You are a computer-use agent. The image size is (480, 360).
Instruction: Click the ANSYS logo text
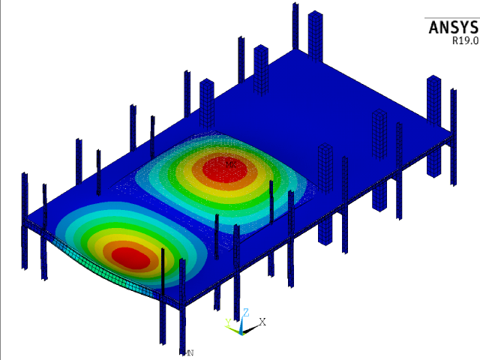[452, 28]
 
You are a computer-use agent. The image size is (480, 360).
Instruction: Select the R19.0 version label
[464, 42]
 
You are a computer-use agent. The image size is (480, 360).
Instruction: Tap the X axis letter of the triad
[262, 321]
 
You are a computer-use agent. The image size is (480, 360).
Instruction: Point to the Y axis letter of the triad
[228, 323]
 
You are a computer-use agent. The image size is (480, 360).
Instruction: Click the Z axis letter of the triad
[246, 312]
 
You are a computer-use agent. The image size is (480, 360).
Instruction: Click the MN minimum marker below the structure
[190, 352]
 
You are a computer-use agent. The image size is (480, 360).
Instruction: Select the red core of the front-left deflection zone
[131, 256]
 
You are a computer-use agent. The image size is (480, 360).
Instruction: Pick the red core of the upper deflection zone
[229, 166]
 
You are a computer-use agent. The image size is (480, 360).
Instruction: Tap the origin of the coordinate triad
[241, 330]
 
